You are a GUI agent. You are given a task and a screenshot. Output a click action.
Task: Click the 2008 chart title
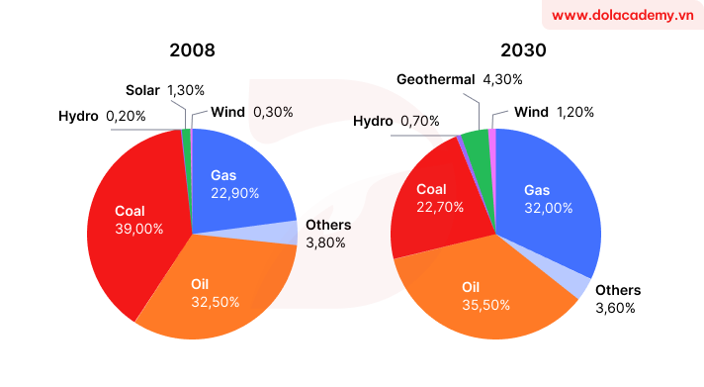192,49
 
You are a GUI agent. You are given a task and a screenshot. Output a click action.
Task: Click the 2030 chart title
495,49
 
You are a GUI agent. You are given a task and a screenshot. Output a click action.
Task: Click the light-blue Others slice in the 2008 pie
286,233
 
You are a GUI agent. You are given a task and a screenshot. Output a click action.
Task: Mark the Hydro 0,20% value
126,116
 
